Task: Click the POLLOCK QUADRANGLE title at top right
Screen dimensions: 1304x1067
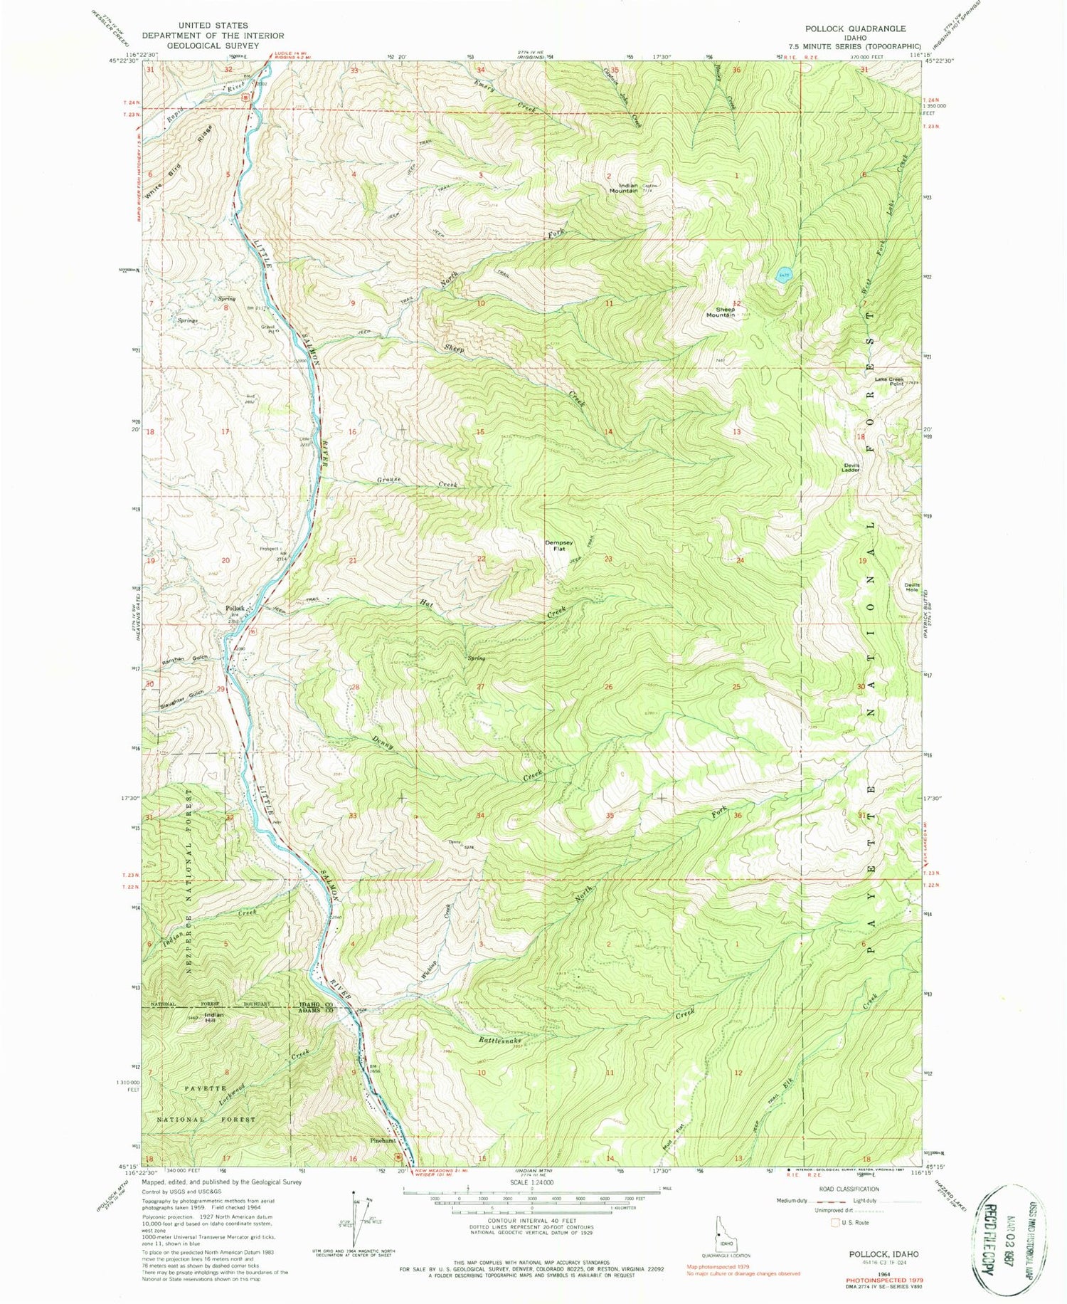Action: tap(855, 28)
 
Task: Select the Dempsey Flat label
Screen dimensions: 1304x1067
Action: tap(559, 546)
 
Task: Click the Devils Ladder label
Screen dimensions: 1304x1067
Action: tap(851, 468)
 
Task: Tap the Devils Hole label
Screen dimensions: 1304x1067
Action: tap(912, 587)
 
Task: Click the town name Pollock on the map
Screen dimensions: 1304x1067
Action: tap(235, 608)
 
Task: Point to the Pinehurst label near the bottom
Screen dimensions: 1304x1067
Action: tap(383, 1140)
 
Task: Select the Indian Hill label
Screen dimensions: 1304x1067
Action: tap(213, 1018)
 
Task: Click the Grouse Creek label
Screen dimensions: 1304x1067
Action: tap(416, 482)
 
